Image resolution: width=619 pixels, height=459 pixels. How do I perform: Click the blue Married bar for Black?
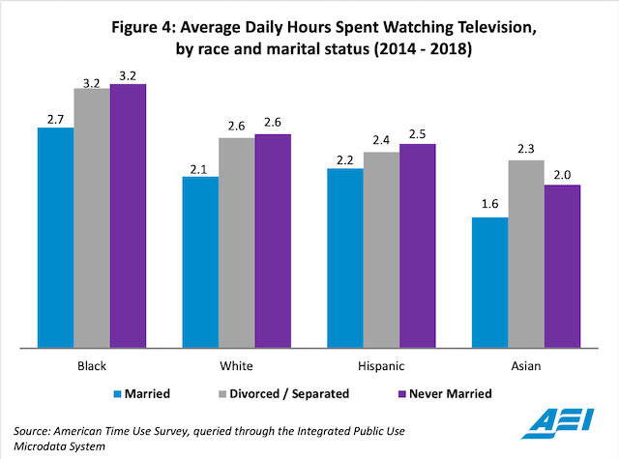55,237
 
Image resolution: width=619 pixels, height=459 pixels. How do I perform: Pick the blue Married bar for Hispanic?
345,257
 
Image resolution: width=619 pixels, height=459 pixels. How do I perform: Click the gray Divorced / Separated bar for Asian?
526,253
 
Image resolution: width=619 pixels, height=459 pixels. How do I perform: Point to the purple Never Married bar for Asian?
562,266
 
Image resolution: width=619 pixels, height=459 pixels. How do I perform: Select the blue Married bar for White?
200,262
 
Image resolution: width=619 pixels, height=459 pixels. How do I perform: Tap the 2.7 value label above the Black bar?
55,117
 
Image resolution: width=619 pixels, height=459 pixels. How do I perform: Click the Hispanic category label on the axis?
381,367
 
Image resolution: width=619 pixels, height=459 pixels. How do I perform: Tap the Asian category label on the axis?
525,367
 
